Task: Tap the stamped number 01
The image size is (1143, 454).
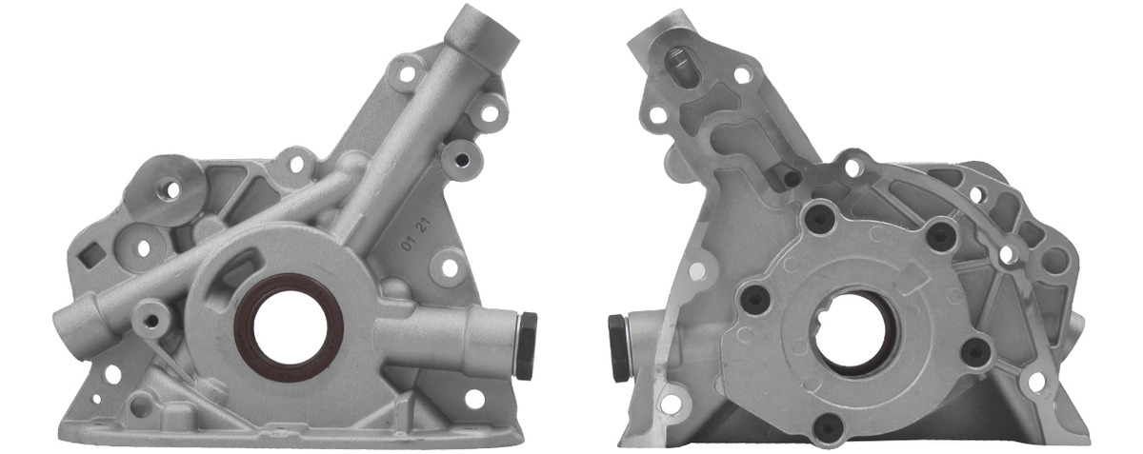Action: [x=408, y=244]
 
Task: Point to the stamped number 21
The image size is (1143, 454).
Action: [x=424, y=225]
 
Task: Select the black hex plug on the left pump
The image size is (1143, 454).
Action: [x=526, y=345]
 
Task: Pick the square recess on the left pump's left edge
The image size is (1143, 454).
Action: [x=90, y=254]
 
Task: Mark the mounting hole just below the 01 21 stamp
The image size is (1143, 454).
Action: [x=450, y=267]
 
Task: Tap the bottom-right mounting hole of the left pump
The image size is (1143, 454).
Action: [x=474, y=399]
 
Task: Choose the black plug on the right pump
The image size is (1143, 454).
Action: [x=618, y=348]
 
